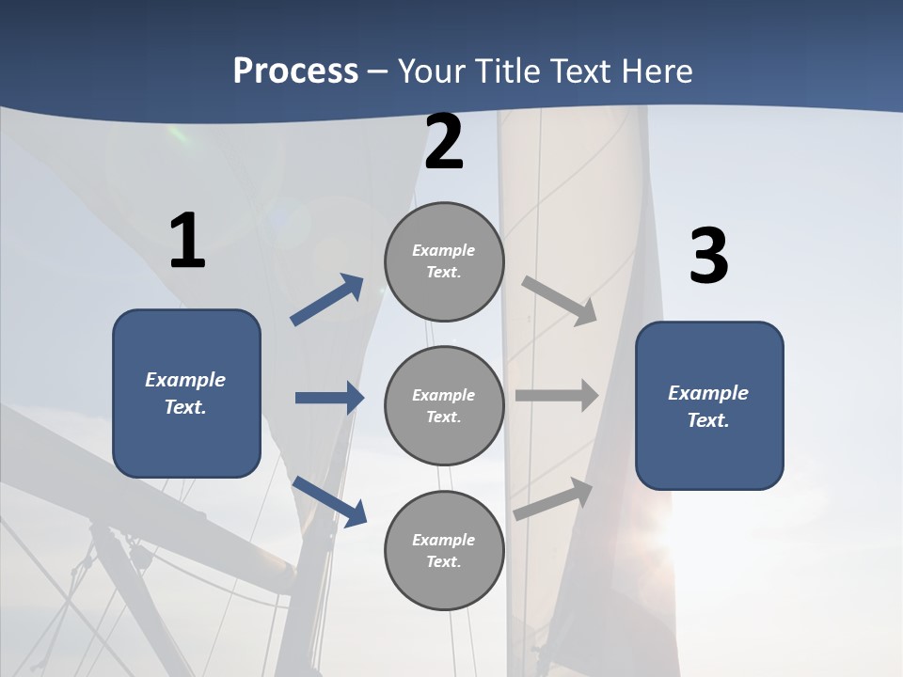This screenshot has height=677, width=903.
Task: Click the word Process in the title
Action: pos(295,71)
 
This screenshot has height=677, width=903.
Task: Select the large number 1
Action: pos(187,241)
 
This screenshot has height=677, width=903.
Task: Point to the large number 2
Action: pos(444,142)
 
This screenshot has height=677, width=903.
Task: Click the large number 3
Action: pos(708,257)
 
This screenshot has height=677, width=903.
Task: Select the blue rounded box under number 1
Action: pos(186,393)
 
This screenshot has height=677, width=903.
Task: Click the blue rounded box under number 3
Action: pos(709,406)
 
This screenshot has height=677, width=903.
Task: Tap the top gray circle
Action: pos(444,261)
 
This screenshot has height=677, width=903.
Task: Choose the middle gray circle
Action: pos(444,406)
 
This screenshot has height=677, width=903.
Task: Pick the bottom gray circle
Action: pos(444,551)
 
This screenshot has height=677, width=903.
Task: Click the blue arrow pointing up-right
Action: pos(327,300)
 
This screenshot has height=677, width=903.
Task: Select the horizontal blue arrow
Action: pos(329,398)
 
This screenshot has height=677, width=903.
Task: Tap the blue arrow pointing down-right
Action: pos(329,500)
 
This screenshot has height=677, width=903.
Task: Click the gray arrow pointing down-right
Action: pos(560,301)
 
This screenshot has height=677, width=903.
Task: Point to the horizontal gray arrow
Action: pos(557,396)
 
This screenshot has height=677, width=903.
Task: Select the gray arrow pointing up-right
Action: pos(554,499)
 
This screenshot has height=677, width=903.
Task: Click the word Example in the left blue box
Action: pos(185,380)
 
